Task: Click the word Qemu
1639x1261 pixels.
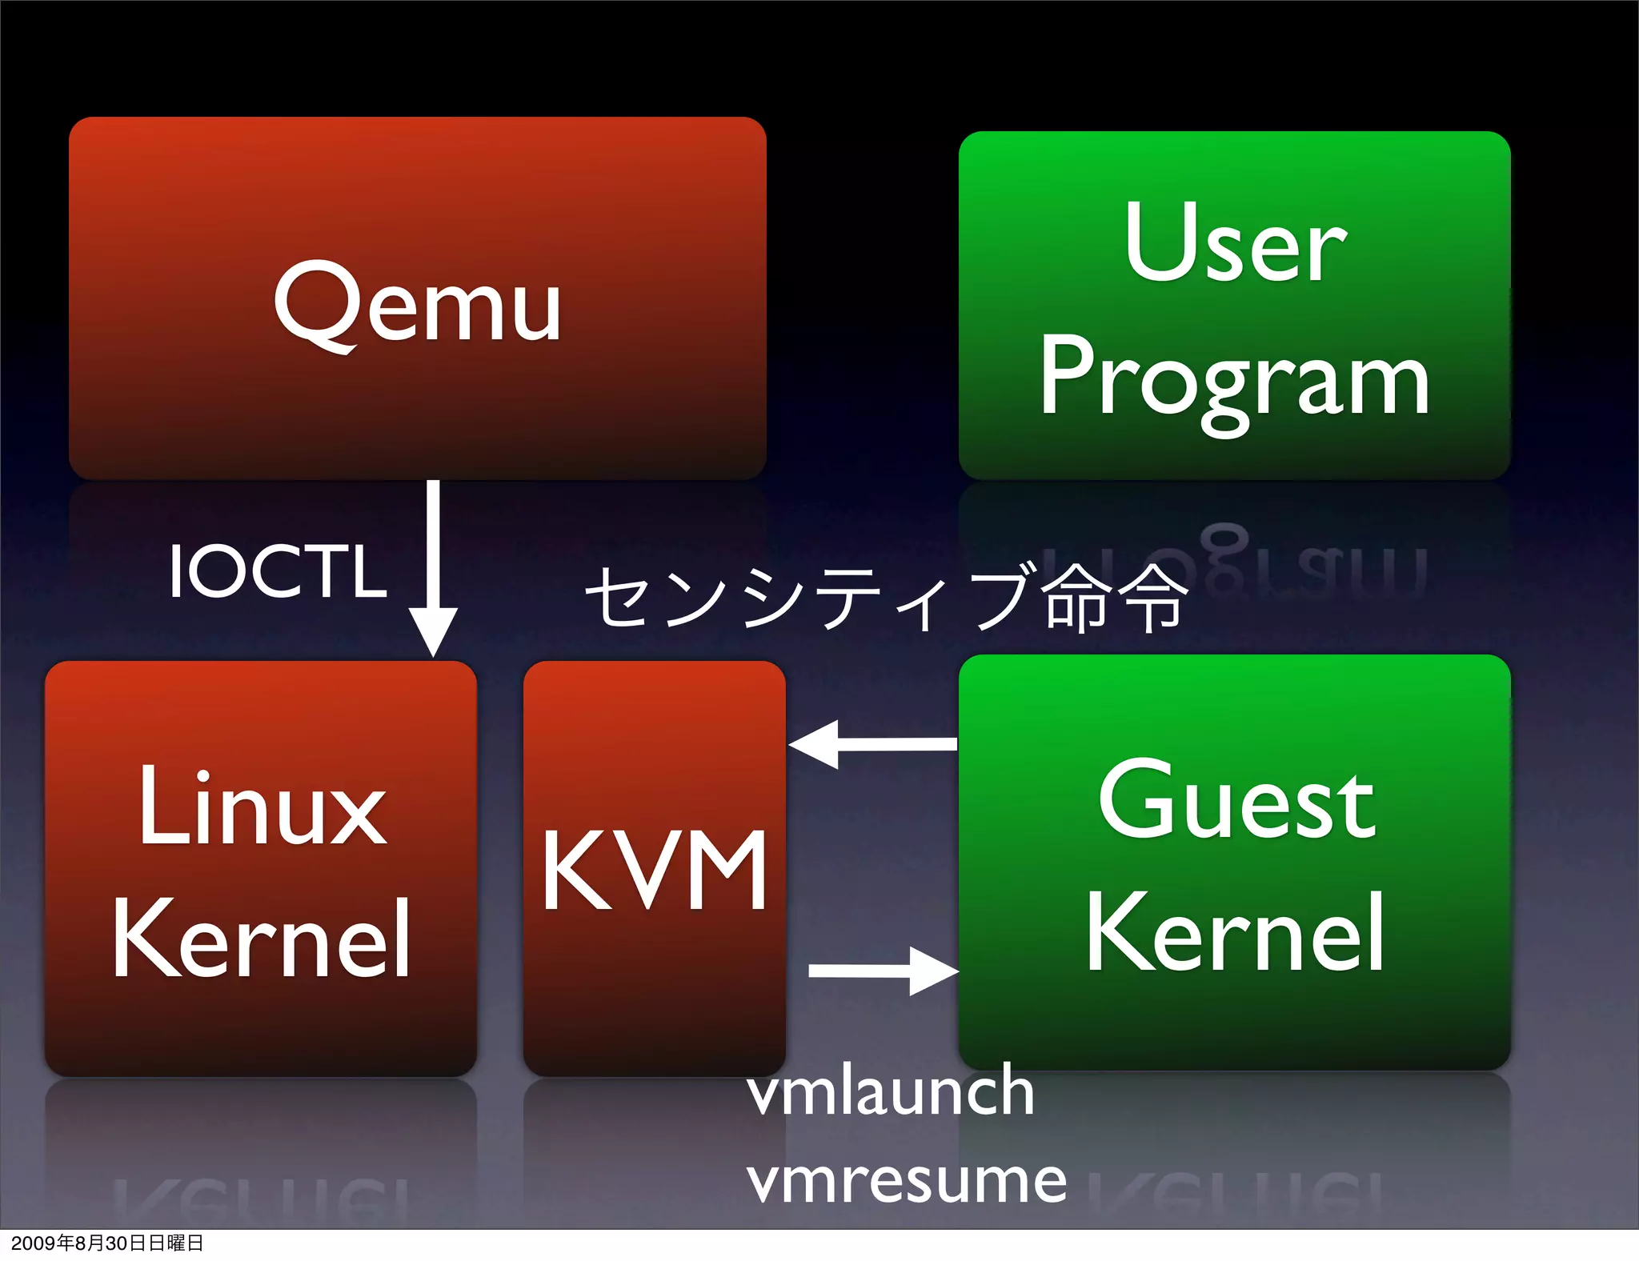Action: [x=417, y=304]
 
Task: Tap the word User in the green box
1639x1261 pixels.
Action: [x=1235, y=242]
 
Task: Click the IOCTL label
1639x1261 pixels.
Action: [x=278, y=570]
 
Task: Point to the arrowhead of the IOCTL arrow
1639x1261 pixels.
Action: [x=433, y=632]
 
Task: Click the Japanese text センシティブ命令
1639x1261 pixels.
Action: [x=886, y=596]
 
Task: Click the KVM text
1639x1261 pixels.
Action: [x=655, y=871]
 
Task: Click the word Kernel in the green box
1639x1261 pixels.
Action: [x=1235, y=933]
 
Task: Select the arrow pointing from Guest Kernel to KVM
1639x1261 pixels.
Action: [x=872, y=744]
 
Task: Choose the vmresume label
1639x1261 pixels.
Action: [x=907, y=1179]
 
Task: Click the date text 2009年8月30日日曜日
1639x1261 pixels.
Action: [x=107, y=1243]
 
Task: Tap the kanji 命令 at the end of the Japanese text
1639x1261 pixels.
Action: [x=1116, y=596]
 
